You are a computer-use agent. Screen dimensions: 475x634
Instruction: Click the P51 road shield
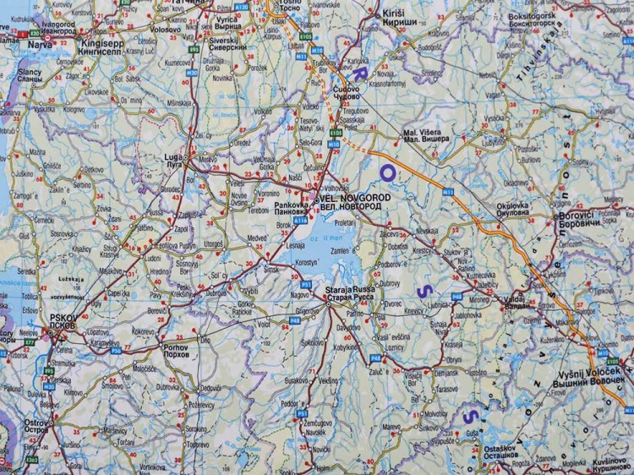pos(308,284)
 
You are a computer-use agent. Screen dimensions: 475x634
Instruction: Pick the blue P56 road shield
pos(295,319)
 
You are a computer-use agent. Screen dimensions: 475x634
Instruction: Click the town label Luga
pos(174,157)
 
